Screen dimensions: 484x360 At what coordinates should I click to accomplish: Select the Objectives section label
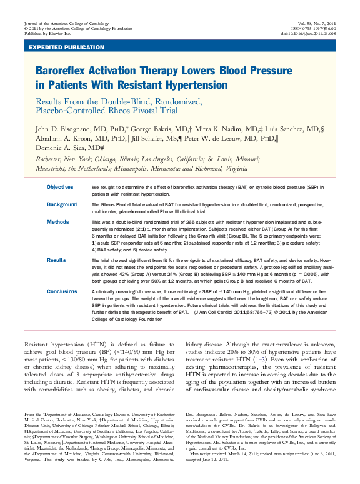click(x=60, y=187)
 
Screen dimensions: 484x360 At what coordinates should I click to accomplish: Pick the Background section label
click(x=62, y=204)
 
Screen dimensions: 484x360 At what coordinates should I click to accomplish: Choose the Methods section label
click(x=58, y=222)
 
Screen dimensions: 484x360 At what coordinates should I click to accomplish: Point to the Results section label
click(x=57, y=260)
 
